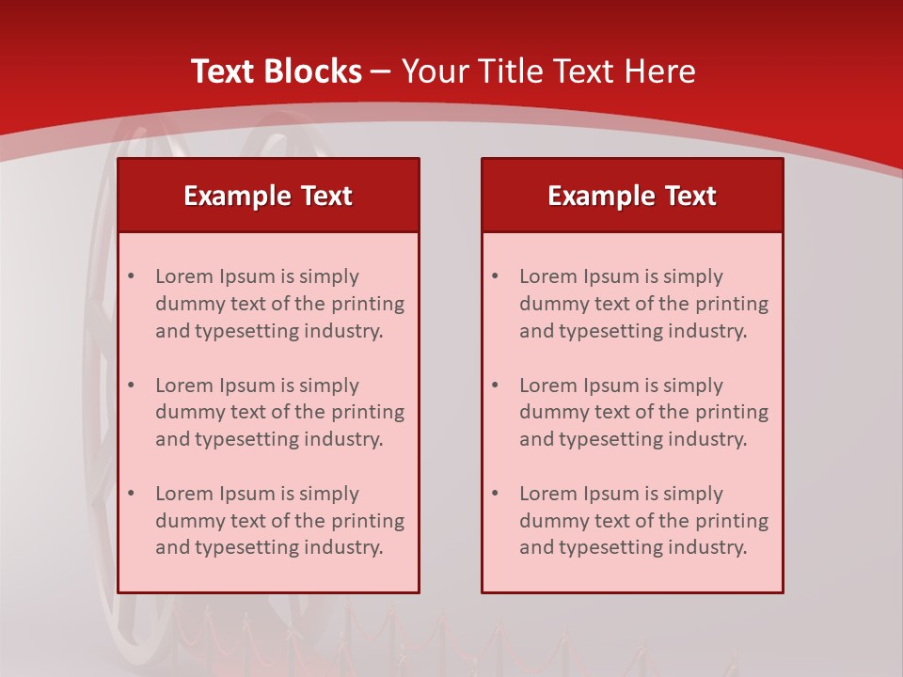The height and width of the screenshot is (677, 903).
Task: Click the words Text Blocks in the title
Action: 276,71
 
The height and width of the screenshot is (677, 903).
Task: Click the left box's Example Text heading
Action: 268,196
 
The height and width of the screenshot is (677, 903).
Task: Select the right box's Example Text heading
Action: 632,196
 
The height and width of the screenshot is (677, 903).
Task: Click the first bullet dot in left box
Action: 131,276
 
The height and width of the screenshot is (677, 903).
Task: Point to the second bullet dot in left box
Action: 131,386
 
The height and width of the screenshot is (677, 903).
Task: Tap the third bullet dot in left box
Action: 131,494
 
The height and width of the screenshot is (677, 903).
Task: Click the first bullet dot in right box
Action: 495,276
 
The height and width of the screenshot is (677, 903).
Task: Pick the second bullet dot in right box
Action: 495,386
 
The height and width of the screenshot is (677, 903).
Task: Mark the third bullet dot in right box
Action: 495,494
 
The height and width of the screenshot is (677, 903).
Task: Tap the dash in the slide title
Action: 381,72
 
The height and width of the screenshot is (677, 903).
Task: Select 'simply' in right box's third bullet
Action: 693,495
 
